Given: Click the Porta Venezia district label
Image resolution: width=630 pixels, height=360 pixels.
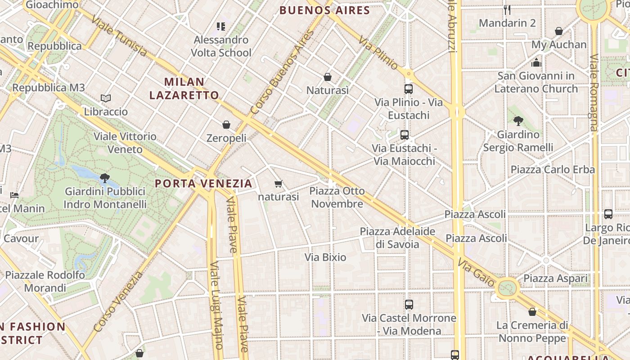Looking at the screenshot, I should point(203,184).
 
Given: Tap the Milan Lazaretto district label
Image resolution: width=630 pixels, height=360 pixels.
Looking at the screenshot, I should point(184,89).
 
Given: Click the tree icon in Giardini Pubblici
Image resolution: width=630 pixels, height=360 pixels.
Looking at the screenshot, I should point(105,178).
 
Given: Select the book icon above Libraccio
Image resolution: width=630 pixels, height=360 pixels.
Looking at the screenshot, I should point(106,98).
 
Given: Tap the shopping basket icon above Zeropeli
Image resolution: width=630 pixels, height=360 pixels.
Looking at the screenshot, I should point(226,125).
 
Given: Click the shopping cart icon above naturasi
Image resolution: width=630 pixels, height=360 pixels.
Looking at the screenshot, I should point(279,184).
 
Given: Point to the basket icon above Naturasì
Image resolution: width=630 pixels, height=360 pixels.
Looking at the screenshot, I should point(328,77).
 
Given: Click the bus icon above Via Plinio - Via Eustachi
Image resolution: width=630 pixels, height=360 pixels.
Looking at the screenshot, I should point(409,89).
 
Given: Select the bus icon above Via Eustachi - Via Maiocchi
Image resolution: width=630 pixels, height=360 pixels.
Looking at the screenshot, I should point(405,135).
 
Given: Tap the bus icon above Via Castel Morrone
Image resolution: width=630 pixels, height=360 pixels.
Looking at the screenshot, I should point(409,305).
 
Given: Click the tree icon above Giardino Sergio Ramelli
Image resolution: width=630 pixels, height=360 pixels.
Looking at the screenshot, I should point(518,121).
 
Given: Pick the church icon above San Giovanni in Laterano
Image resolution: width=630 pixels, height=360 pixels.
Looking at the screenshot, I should point(536,62).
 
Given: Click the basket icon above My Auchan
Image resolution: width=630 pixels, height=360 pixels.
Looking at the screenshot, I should point(559,31).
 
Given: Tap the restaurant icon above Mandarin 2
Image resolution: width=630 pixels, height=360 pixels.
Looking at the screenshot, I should point(507,9).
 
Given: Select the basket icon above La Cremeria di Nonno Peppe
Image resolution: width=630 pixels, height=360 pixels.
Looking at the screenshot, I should point(532,312).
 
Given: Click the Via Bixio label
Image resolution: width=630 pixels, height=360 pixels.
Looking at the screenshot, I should point(325,257).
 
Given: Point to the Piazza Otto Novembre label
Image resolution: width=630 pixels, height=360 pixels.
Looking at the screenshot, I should point(337,198).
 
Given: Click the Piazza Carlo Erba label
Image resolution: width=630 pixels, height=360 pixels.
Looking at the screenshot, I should point(553,170).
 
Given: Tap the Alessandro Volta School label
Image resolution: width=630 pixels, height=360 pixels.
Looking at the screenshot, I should point(221,46).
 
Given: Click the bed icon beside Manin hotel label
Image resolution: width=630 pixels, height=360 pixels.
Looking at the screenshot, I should point(14,195).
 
